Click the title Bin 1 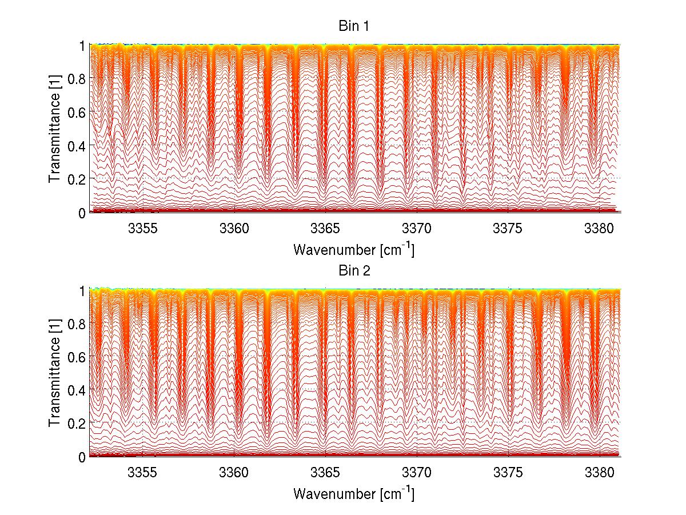click(x=354, y=26)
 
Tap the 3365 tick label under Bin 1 click(x=325, y=229)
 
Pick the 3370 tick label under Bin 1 click(x=417, y=229)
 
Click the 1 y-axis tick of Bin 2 click(x=82, y=290)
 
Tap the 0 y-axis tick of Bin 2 click(x=82, y=456)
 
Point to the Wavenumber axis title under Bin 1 click(x=354, y=250)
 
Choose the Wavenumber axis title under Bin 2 click(x=354, y=494)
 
